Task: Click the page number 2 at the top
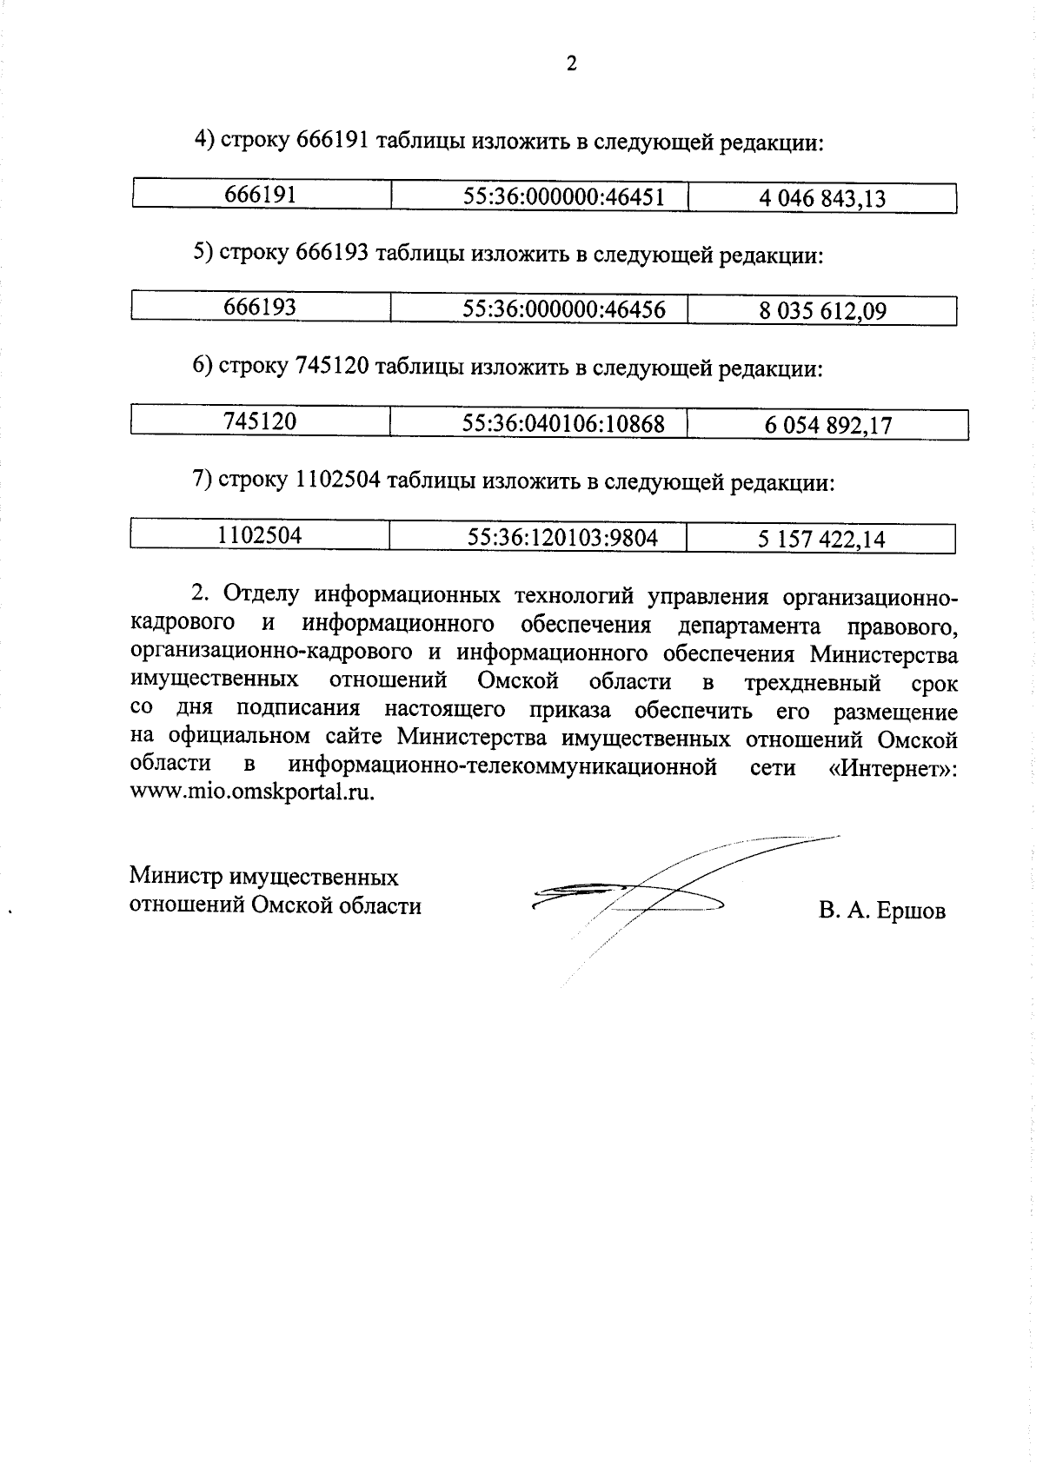pyautogui.click(x=571, y=63)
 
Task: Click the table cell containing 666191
pyautogui.click(x=261, y=195)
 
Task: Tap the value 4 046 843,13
pyautogui.click(x=821, y=199)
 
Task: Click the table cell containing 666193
pyautogui.click(x=260, y=308)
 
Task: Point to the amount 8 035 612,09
pyautogui.click(x=822, y=312)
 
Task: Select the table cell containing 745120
pyautogui.click(x=260, y=421)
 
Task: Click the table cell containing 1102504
pyautogui.click(x=260, y=535)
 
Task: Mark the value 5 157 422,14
pyautogui.click(x=820, y=540)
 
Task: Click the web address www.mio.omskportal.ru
pyautogui.click(x=252, y=792)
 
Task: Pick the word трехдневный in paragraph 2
pyautogui.click(x=819, y=683)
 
